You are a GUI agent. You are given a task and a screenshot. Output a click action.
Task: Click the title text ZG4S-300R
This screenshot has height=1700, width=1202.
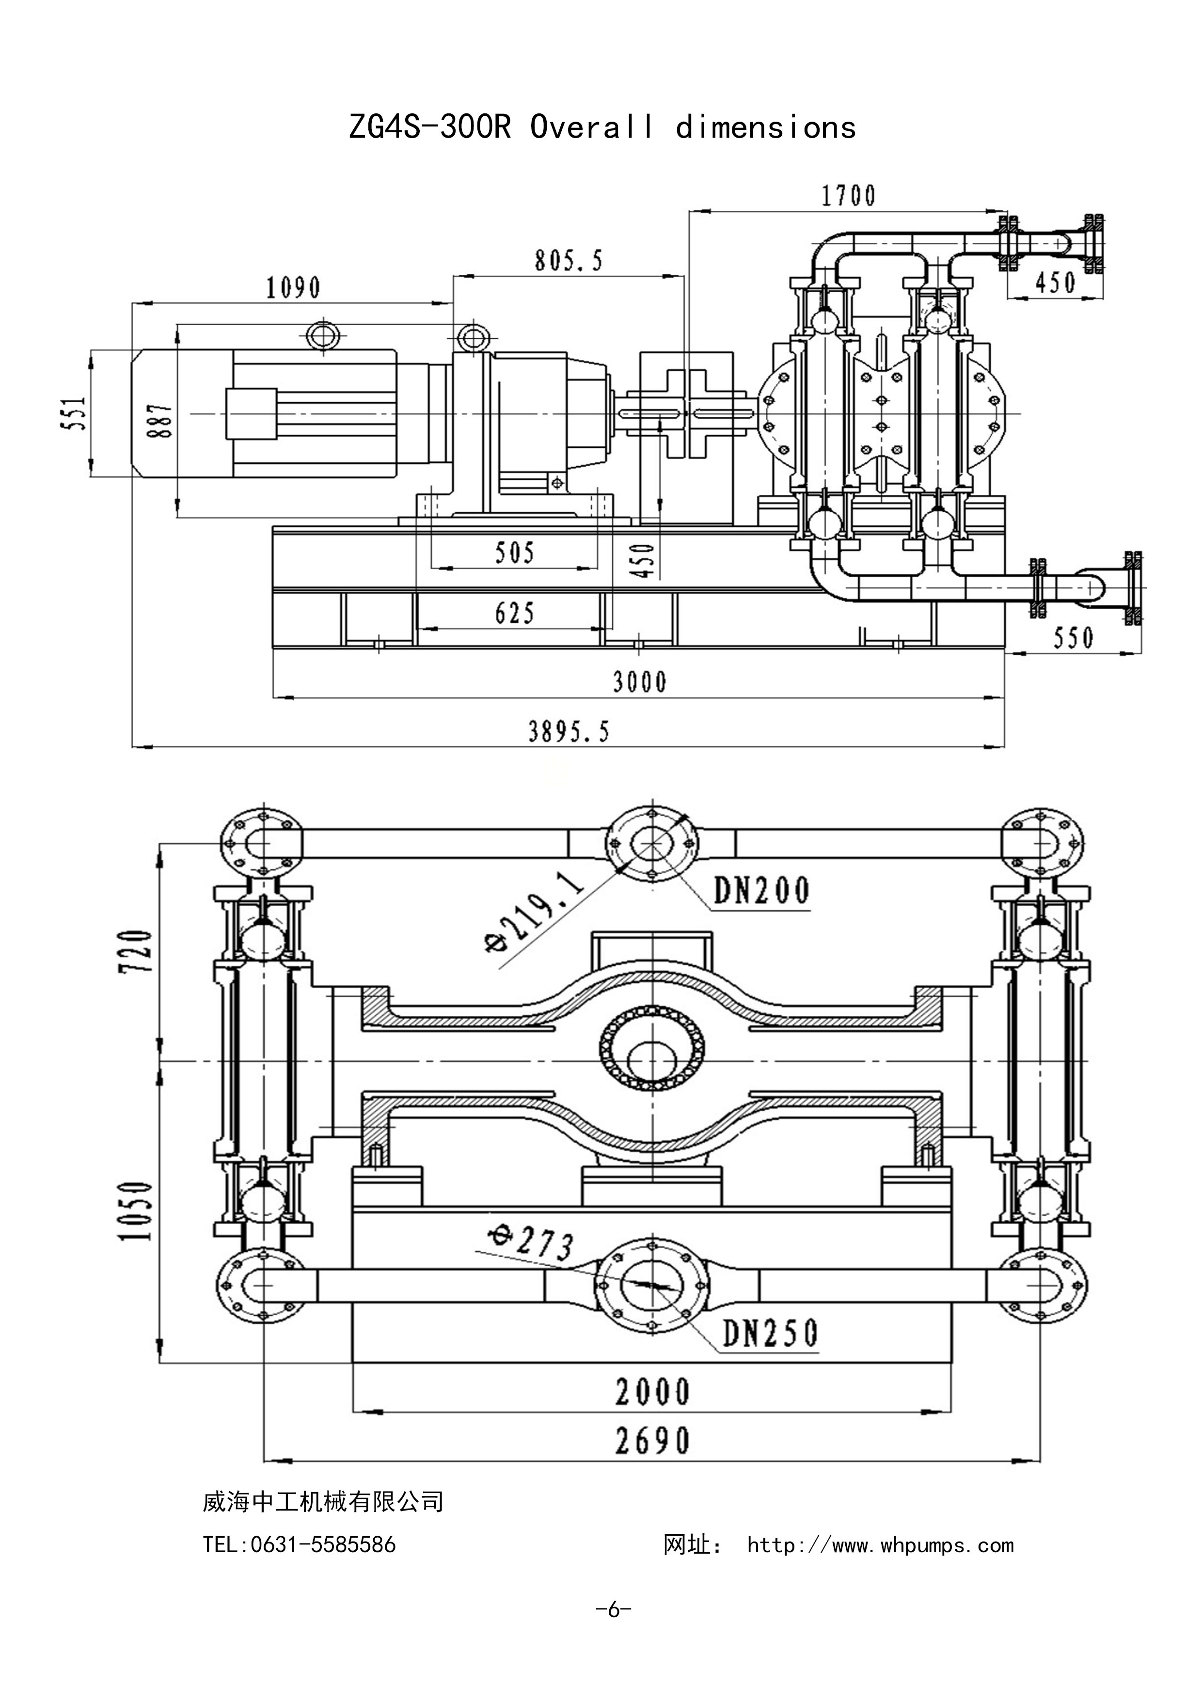[429, 127]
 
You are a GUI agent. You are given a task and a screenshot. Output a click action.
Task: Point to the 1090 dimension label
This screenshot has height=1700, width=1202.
[293, 287]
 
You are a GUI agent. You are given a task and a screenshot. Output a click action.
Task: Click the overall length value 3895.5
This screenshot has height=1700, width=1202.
[569, 732]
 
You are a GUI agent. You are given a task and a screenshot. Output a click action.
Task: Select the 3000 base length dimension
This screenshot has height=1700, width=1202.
[640, 681]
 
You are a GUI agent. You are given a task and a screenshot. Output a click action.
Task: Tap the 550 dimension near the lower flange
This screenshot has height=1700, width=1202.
[1073, 638]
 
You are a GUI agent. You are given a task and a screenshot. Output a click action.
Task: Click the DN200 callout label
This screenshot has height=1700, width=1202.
[761, 891]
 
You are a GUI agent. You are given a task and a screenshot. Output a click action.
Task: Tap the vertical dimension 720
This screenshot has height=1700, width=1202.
[139, 951]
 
